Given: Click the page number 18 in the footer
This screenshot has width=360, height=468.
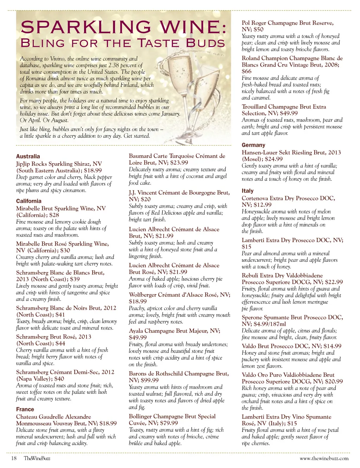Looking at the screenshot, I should [14, 458].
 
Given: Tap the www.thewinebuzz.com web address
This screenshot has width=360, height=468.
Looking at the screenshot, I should [324, 458].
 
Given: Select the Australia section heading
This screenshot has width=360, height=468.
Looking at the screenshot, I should [28, 156].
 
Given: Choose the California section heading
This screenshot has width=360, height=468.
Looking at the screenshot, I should [29, 201].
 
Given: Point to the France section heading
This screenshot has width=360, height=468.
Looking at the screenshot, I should [25, 409].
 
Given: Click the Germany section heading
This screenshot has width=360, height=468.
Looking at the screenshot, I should [253, 145].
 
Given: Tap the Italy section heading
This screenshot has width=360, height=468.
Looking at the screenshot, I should [247, 191].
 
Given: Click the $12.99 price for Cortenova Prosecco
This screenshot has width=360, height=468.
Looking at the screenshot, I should [262, 205].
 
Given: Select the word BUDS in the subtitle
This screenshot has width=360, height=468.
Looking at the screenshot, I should [205, 43].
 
